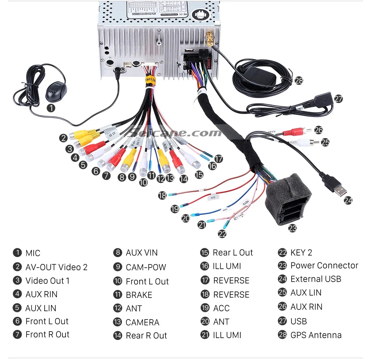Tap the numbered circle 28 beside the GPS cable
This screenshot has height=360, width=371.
point(299,80)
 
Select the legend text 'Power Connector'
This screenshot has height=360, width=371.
point(324,265)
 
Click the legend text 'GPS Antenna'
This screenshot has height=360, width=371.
point(316,335)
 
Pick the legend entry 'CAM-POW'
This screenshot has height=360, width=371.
point(146,267)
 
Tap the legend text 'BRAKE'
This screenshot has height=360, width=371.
point(139,295)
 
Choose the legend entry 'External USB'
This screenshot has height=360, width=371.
point(316,279)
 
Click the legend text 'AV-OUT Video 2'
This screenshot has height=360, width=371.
point(56,267)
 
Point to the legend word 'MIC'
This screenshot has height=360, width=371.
point(33,253)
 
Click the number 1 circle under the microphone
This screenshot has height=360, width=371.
point(51,108)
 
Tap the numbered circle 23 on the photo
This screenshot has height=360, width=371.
point(292,228)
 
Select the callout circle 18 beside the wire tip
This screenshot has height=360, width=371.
point(162,195)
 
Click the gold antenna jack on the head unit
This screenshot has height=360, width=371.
point(209,38)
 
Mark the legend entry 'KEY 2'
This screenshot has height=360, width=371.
point(301,252)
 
